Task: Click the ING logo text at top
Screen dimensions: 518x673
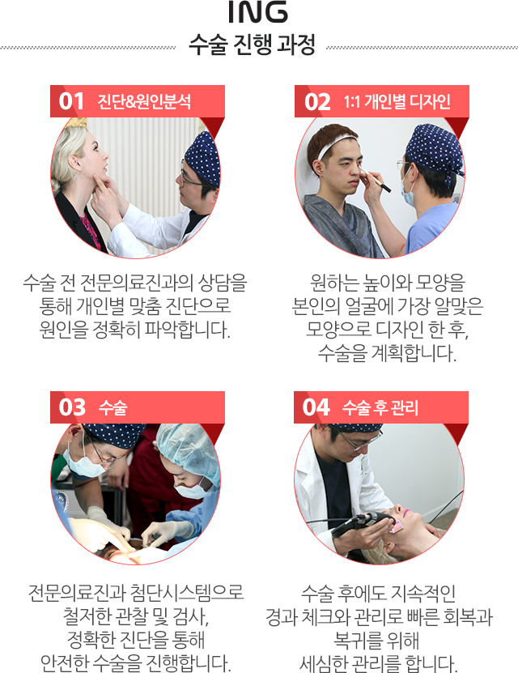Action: tap(257, 11)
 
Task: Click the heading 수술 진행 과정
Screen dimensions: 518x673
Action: tap(253, 45)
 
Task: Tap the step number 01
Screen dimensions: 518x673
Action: tap(71, 101)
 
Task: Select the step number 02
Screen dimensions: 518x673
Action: tap(317, 102)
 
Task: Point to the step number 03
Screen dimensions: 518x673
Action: tap(72, 407)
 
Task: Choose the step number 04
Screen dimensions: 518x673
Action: tap(316, 407)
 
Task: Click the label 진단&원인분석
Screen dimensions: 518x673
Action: tap(144, 102)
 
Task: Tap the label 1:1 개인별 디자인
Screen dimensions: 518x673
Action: tap(397, 102)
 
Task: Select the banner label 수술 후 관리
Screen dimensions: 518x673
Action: tap(380, 407)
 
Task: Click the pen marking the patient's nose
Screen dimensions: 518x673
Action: tap(376, 181)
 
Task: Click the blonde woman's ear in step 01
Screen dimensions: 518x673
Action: tap(74, 162)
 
